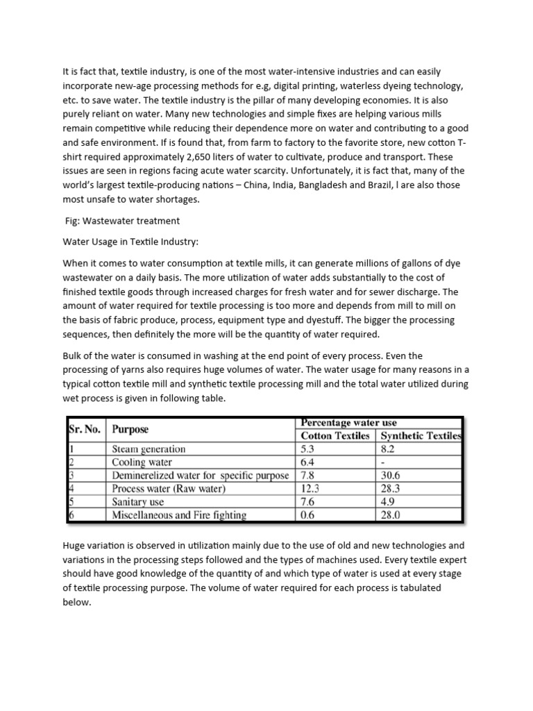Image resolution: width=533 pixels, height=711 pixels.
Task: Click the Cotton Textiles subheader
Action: click(335, 435)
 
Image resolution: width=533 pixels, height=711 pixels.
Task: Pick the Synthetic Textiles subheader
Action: click(419, 435)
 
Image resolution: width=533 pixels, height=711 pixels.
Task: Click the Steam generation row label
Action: click(149, 449)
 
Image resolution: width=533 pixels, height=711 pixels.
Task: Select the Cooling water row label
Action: click(142, 462)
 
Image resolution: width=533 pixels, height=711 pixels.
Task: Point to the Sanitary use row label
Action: click(138, 501)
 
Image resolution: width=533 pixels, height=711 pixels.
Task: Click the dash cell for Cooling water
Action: click(382, 462)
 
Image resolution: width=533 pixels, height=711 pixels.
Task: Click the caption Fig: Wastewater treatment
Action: click(122, 221)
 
